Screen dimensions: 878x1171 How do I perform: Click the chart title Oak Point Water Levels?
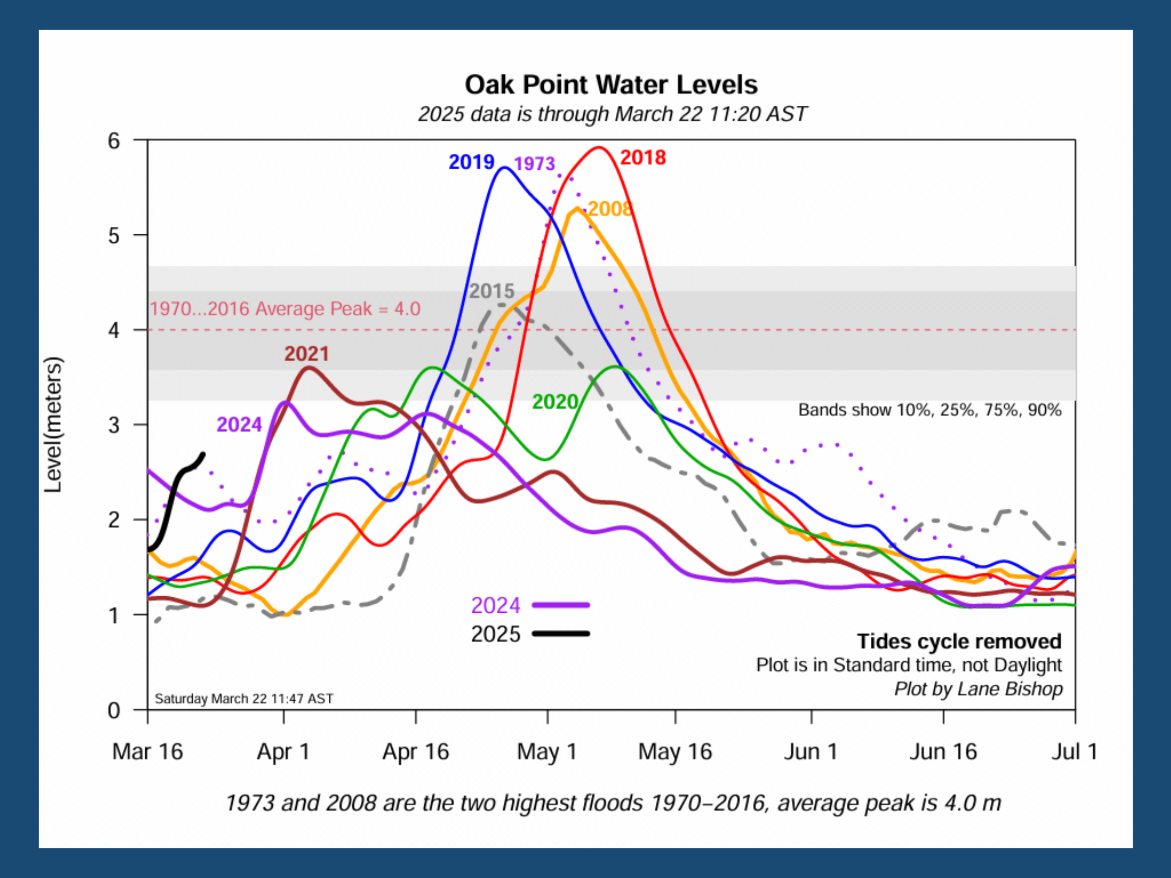611,85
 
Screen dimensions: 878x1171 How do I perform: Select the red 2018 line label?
643,157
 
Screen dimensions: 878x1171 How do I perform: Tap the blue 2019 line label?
471,162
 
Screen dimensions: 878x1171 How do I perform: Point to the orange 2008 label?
610,209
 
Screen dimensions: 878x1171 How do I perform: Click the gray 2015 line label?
492,291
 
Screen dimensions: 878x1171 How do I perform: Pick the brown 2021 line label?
306,354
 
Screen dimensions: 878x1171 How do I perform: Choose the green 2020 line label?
555,401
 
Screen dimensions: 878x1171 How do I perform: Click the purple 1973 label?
534,163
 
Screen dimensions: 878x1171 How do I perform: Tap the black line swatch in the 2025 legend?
560,633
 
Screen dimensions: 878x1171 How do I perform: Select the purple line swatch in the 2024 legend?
560,605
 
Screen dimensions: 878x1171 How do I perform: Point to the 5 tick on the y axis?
114,236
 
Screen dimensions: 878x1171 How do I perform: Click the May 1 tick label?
547,751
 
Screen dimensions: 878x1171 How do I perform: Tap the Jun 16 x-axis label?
943,751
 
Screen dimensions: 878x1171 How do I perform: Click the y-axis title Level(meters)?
53,424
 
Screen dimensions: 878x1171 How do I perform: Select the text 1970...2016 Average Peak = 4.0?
285,309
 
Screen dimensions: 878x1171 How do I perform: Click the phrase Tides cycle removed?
959,641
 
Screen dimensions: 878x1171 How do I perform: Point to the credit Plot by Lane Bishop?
978,689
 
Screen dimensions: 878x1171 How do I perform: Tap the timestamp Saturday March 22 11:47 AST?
244,699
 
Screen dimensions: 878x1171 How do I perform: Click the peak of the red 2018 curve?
598,147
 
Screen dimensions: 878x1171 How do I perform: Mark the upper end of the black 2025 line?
203,454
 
